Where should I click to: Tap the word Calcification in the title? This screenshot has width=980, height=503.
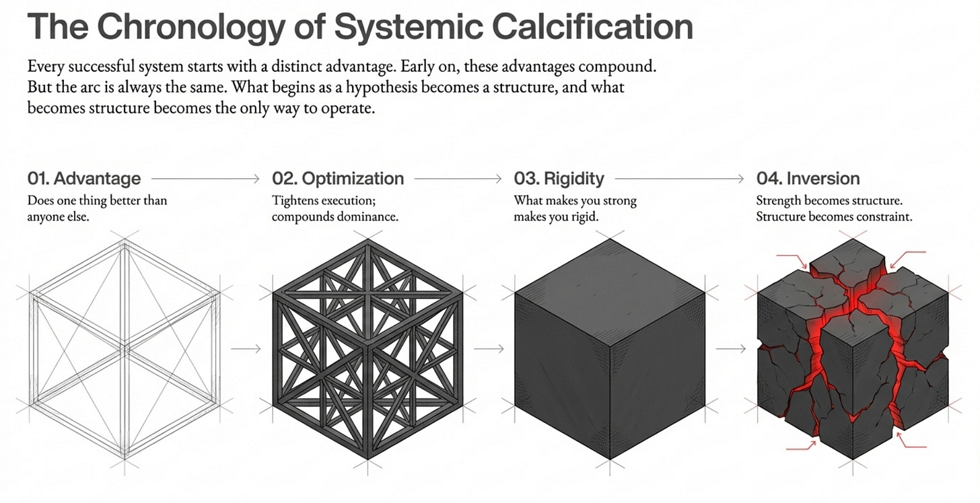point(593,27)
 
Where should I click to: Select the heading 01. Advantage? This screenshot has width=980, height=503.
point(84,178)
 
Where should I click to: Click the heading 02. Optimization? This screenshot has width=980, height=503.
point(338,178)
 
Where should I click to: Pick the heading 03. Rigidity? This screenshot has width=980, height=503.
point(559,178)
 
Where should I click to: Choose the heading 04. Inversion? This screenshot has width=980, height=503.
point(808,178)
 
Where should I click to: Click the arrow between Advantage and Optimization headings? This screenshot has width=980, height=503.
point(205,178)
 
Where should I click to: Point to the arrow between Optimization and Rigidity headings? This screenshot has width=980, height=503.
point(458,178)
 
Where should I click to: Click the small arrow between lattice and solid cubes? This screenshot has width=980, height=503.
point(489,348)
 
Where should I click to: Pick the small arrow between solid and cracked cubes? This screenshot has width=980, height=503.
point(731,348)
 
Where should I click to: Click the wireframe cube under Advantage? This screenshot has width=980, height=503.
point(125,349)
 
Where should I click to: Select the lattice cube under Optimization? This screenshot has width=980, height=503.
point(368,349)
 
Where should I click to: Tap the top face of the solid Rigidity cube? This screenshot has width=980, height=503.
point(610,293)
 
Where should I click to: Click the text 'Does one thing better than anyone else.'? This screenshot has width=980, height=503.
point(97,208)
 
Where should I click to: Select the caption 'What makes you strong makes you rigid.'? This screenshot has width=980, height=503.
point(575,208)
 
